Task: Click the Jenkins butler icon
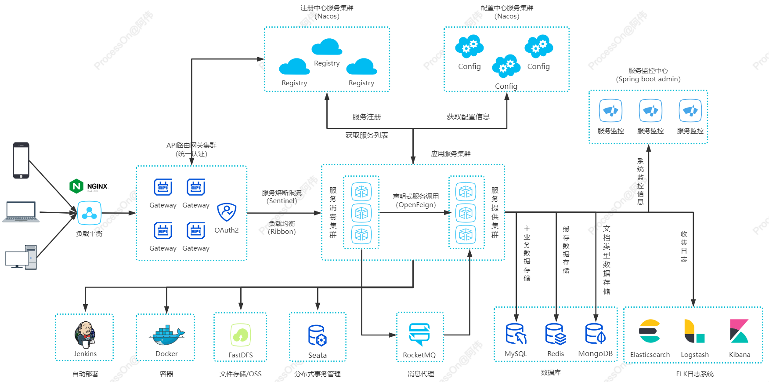[x=85, y=335]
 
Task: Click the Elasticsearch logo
[x=650, y=331]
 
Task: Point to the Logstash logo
[x=694, y=331]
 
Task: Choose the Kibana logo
[x=739, y=331]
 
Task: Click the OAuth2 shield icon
[x=227, y=212]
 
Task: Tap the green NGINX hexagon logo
[x=76, y=186]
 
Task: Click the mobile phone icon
[x=21, y=160]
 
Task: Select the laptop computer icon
[x=21, y=212]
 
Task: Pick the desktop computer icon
[x=21, y=257]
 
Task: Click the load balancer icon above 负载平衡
[x=89, y=213]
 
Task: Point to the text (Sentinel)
[x=282, y=201]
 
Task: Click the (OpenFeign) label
[x=416, y=205]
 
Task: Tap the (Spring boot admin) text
[x=648, y=79]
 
